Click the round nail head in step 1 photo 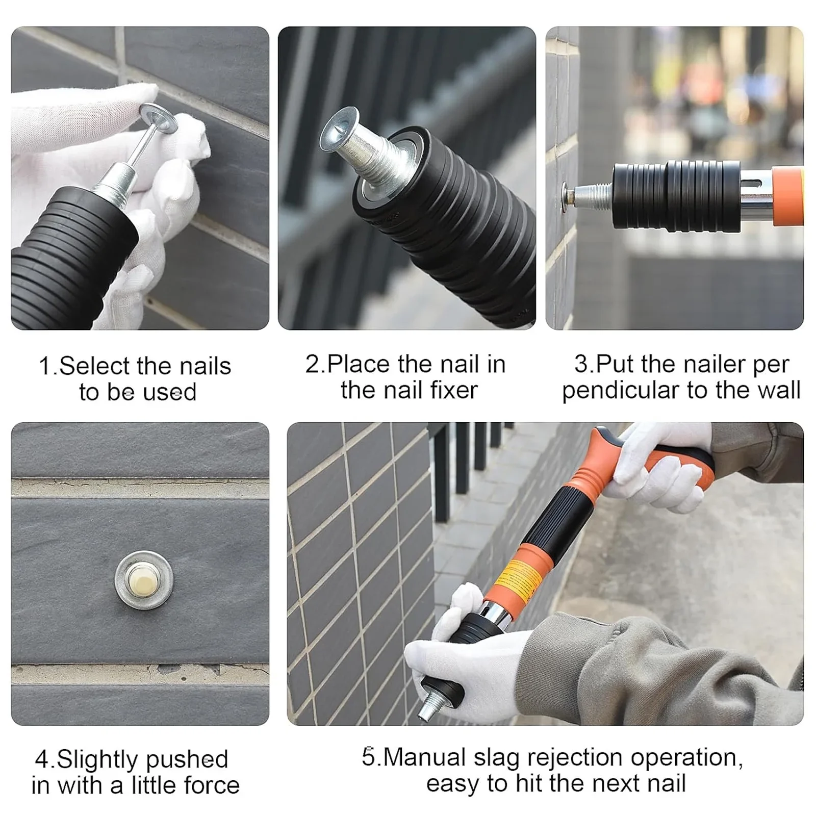point(158,117)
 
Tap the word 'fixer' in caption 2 point(454,391)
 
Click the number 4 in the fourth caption point(41,760)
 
